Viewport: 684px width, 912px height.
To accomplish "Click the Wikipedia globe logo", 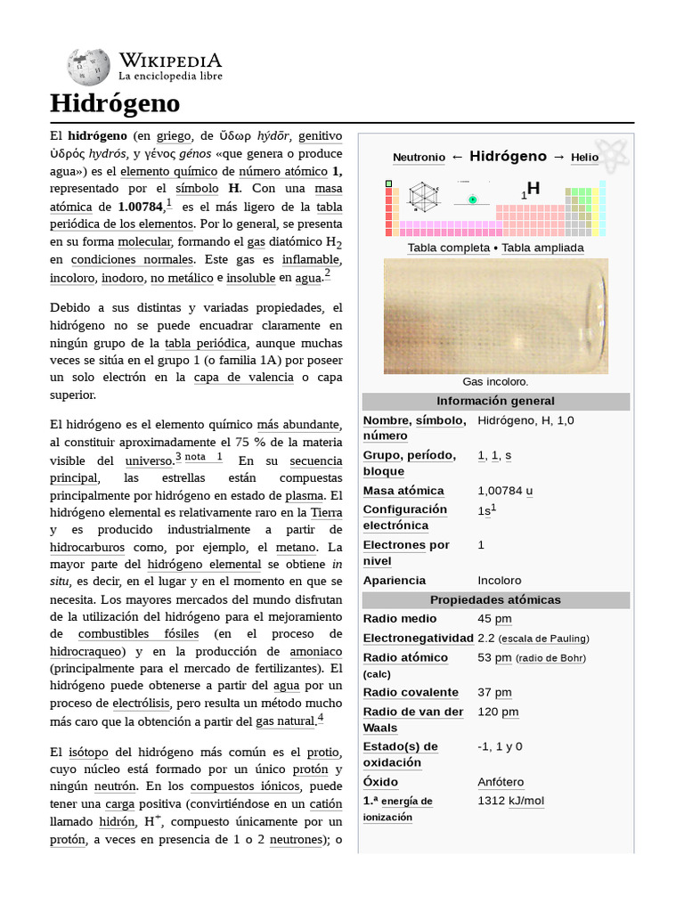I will pyautogui.click(x=88, y=67).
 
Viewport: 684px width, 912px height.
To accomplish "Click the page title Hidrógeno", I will pyautogui.click(x=115, y=103).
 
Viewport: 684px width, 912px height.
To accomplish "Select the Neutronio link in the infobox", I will pyautogui.click(x=419, y=158).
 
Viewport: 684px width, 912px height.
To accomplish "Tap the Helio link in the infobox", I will pyautogui.click(x=585, y=158).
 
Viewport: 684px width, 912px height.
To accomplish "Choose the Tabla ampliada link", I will pyautogui.click(x=542, y=248).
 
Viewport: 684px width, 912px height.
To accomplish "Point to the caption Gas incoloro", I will pyautogui.click(x=495, y=381).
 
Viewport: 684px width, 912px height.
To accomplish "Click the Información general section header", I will pyautogui.click(x=495, y=401).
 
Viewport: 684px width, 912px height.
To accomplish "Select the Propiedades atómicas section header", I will pyautogui.click(x=495, y=599).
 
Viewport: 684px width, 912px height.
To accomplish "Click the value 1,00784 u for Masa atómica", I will pyautogui.click(x=505, y=491).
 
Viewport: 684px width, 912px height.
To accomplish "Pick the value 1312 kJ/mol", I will pyautogui.click(x=510, y=801).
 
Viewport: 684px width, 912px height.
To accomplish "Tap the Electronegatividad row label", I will pyautogui.click(x=418, y=639).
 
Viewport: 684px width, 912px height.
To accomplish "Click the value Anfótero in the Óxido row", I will pyautogui.click(x=501, y=782).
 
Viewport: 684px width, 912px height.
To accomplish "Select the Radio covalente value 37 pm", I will pyautogui.click(x=494, y=693).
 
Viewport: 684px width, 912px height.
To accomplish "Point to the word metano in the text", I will pyautogui.click(x=296, y=547).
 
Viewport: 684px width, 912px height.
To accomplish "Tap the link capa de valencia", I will pyautogui.click(x=243, y=377).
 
